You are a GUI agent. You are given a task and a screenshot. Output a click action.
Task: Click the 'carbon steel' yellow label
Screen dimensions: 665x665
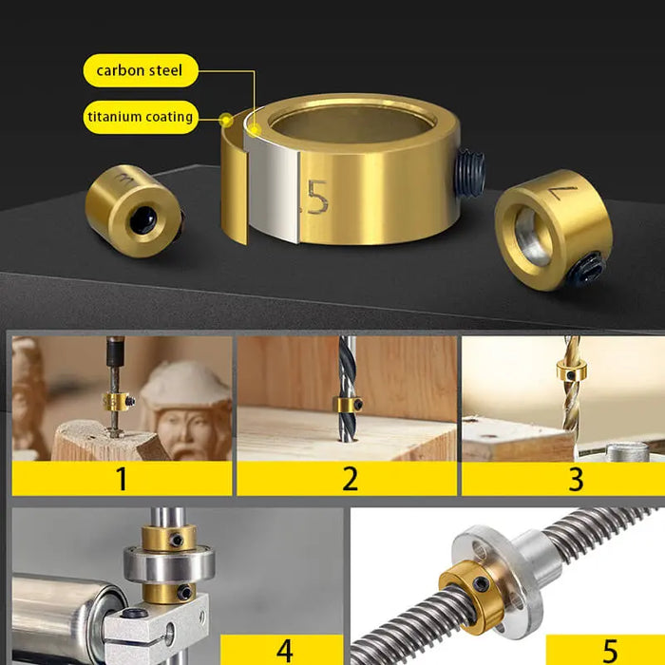(141, 70)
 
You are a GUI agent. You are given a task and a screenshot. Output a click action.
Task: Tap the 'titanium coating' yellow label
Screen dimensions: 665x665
(141, 117)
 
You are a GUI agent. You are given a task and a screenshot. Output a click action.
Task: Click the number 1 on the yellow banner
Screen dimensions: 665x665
(122, 478)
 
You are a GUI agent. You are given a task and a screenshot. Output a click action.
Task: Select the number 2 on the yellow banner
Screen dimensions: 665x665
(349, 478)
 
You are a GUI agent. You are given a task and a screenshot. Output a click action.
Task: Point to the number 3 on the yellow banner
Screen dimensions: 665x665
(575, 478)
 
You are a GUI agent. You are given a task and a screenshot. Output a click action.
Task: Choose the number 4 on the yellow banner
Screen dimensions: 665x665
(284, 651)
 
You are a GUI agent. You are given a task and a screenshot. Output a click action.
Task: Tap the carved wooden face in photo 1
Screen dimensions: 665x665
(186, 408)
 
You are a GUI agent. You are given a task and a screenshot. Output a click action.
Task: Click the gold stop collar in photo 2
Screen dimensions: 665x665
(348, 405)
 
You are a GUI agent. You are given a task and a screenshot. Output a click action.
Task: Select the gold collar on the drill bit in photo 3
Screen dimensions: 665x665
(570, 370)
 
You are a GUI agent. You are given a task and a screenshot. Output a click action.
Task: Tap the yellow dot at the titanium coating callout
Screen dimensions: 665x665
(226, 120)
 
